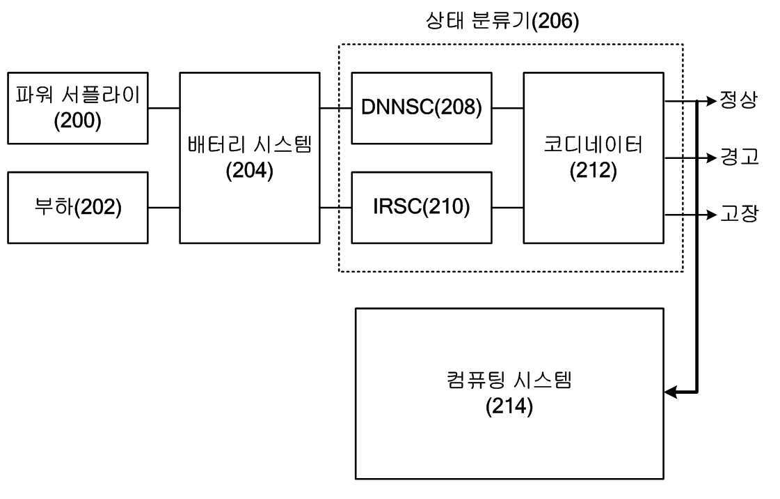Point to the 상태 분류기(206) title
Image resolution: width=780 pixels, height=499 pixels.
(x=502, y=21)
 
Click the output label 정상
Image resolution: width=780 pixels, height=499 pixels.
(x=739, y=100)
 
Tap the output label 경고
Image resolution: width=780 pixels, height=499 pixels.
(x=739, y=158)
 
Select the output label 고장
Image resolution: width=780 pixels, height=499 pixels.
(x=739, y=214)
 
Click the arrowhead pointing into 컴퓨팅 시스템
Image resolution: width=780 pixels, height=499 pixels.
(x=671, y=392)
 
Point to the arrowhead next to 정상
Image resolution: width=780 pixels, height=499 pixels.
(x=711, y=101)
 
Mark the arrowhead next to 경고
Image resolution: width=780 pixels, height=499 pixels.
(x=711, y=158)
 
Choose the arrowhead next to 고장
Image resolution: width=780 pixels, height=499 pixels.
(x=711, y=215)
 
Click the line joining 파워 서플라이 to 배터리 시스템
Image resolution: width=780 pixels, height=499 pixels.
(x=164, y=108)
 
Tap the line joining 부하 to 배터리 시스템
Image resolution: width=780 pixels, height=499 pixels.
(x=164, y=208)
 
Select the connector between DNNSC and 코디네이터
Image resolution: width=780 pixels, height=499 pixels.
(x=507, y=108)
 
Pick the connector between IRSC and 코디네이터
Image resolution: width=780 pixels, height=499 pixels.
(x=507, y=208)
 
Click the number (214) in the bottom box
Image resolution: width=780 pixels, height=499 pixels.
(x=509, y=406)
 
